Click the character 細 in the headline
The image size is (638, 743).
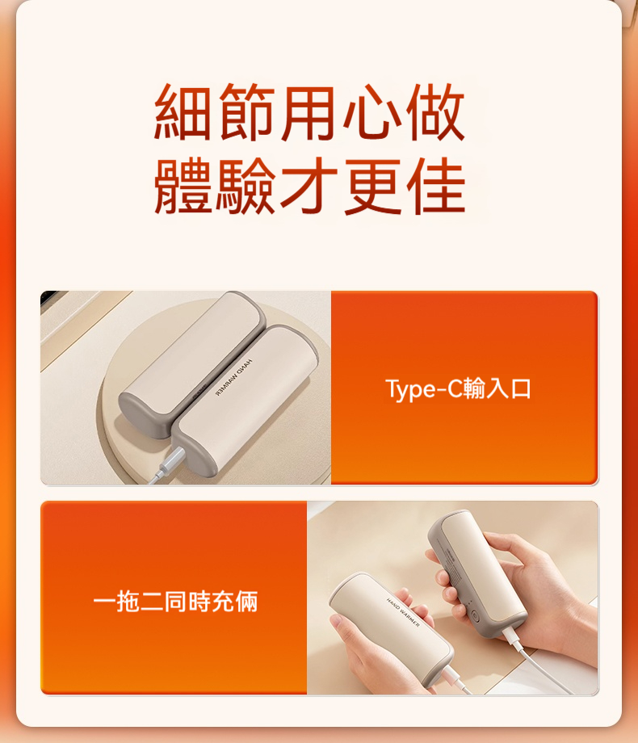coord(184,112)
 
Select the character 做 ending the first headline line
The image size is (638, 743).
coord(435,112)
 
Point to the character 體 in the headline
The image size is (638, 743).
coord(184,187)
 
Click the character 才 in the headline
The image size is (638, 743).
coord(309,187)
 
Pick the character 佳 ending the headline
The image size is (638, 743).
coord(435,187)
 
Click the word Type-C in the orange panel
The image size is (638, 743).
coord(422,389)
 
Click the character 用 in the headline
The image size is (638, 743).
coord(309,112)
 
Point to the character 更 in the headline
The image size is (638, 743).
coord(372,187)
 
